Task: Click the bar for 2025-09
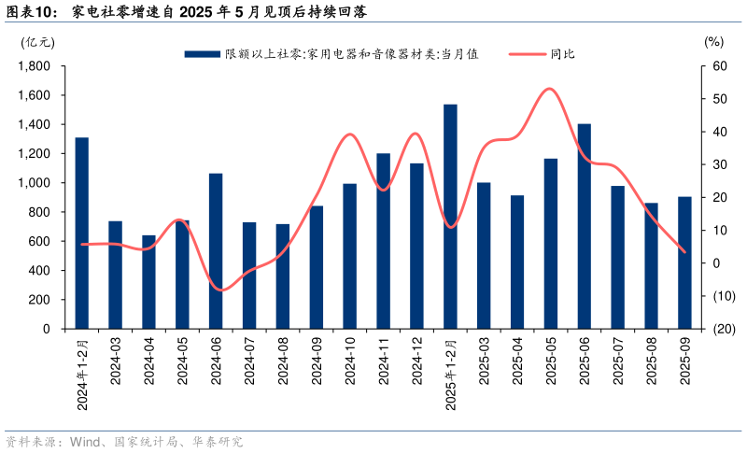[x=684, y=262]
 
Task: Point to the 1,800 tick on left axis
[x=35, y=66]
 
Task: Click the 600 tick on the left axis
[x=39, y=241]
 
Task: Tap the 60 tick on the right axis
[x=718, y=66]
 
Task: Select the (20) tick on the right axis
[x=721, y=329]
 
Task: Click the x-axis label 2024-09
[x=317, y=360]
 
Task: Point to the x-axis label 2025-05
[x=551, y=360]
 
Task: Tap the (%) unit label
[x=713, y=42]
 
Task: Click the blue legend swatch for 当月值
[x=202, y=54]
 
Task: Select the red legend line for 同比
[x=527, y=54]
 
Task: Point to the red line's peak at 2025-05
[x=550, y=89]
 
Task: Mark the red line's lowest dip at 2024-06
[x=220, y=290]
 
